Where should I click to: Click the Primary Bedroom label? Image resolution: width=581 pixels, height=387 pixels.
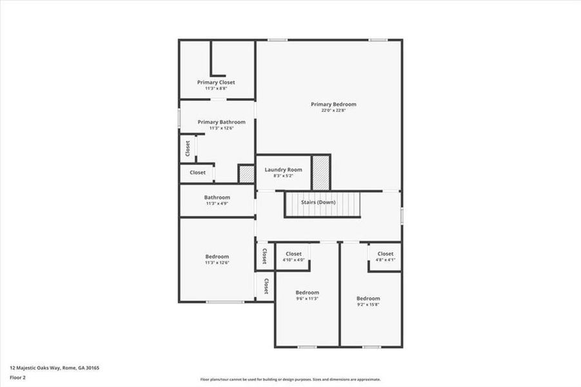pos(333,104)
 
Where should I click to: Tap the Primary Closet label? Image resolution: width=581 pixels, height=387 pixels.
pos(216,83)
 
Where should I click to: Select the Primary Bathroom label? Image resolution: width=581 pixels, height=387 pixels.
pos(221,122)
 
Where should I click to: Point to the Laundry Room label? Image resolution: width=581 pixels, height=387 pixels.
pos(283,170)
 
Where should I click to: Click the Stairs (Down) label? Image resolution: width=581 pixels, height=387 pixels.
pos(319,202)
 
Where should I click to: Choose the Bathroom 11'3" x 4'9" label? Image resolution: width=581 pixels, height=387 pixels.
pos(217,197)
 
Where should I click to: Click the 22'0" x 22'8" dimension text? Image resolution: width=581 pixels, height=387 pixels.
pos(333,110)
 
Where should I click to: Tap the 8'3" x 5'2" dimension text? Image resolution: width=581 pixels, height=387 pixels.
pos(283,175)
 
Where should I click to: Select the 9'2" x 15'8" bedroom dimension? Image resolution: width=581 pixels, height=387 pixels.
pos(368,304)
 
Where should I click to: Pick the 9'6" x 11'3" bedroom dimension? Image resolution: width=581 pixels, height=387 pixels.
pos(307,299)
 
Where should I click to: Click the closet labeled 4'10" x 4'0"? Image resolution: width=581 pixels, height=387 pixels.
pos(293,254)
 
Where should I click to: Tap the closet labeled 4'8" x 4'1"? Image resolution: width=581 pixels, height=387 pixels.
pos(385,254)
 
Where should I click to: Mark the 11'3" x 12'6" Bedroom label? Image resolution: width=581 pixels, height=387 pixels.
pos(217,257)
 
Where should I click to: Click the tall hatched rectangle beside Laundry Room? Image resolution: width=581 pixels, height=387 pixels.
pos(320,172)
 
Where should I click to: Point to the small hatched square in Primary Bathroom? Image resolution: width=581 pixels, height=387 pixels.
pos(246,174)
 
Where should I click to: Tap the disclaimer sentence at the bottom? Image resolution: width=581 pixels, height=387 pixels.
pos(290,379)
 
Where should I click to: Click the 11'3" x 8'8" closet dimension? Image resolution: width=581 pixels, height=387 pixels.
pos(216,88)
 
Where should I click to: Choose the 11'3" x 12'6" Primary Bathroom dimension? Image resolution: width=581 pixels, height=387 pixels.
pos(221,128)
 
